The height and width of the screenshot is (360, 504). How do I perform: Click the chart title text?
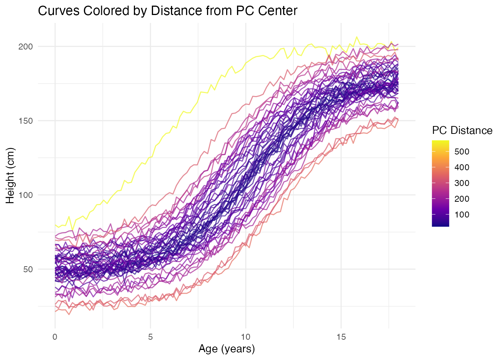pos(168,11)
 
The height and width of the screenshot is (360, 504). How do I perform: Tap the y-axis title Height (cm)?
pos(10,175)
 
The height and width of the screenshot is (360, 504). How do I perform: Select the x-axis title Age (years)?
pos(226,349)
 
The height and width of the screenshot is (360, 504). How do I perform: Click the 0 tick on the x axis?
pos(55,337)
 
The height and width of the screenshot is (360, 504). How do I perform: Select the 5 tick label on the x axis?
pos(150,337)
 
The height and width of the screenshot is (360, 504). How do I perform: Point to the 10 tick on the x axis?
pos(246,337)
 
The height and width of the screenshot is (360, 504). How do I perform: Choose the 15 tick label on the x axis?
pos(341,337)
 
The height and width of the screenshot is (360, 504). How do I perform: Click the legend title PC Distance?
pos(462,130)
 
